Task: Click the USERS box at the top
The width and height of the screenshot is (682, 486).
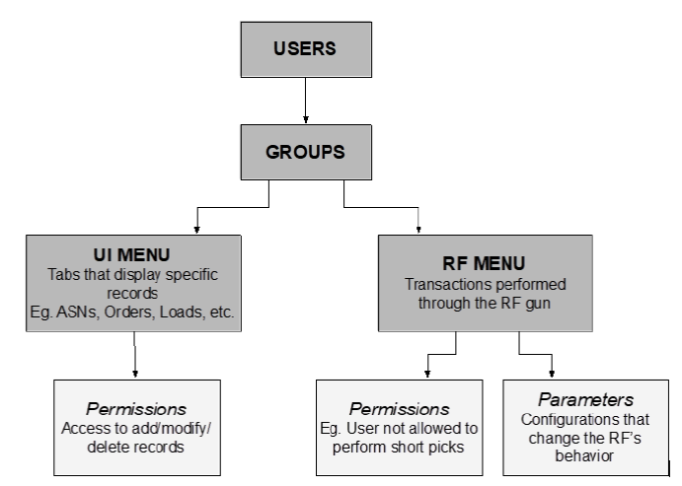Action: pyautogui.click(x=306, y=48)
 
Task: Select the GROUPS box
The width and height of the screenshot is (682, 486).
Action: pyautogui.click(x=306, y=152)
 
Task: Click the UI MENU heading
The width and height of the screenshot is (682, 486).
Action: pyautogui.click(x=134, y=255)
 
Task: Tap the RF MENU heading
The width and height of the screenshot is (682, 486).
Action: pyautogui.click(x=485, y=263)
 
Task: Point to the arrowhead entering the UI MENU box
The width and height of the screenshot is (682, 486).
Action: pyautogui.click(x=198, y=229)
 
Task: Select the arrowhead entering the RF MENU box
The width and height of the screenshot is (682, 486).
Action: pyautogui.click(x=419, y=229)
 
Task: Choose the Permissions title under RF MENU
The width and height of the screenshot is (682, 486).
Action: pyautogui.click(x=400, y=408)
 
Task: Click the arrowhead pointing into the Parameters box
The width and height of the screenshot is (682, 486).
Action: pyautogui.click(x=552, y=373)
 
